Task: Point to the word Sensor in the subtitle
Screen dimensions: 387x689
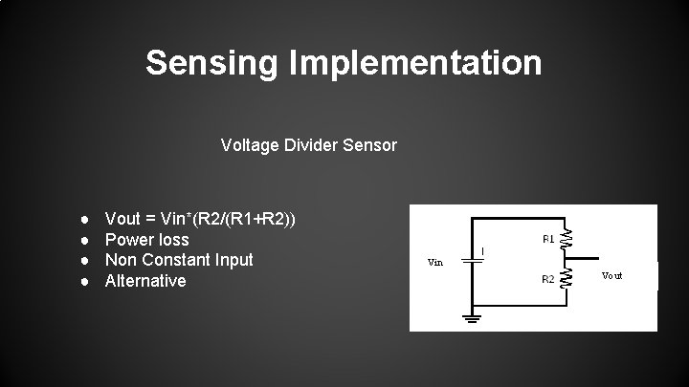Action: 370,146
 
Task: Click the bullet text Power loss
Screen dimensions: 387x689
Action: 146,239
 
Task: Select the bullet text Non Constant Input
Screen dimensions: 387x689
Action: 179,260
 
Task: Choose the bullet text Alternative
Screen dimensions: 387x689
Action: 145,281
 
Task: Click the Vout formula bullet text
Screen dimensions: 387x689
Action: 200,219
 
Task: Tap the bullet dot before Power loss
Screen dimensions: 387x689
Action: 85,240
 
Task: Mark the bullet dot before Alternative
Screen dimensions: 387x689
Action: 85,282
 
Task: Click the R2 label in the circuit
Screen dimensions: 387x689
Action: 549,279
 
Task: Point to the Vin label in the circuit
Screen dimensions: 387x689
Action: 434,262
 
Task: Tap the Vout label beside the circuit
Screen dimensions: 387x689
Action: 612,275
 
